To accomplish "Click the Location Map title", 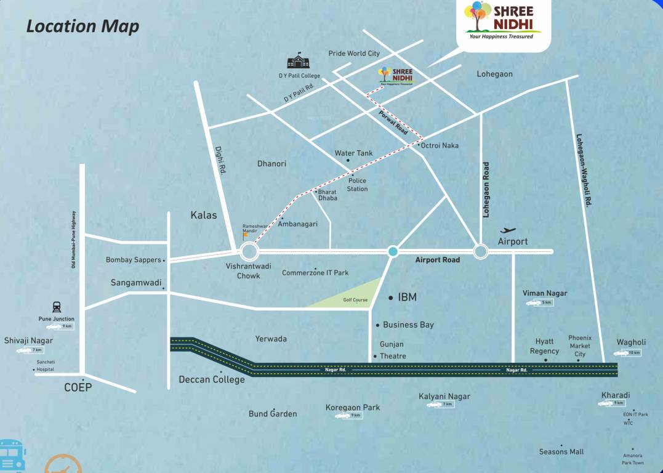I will coord(82,26).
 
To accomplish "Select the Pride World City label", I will coord(354,54).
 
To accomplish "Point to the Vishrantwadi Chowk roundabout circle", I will coord(249,251).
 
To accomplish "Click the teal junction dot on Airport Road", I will coord(393,251).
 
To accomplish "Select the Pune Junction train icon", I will coord(57,307).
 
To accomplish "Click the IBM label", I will coord(407,297).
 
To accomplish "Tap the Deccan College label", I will coord(211,379).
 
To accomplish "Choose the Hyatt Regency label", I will coord(544,346).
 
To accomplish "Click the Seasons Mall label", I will coord(561,451).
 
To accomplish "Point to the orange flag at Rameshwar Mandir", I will coord(246,235).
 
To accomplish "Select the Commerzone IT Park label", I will coord(315,273).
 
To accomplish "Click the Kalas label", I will coord(203,215).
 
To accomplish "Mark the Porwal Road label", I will coord(393,123).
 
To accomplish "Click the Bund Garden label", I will coord(273,414).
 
